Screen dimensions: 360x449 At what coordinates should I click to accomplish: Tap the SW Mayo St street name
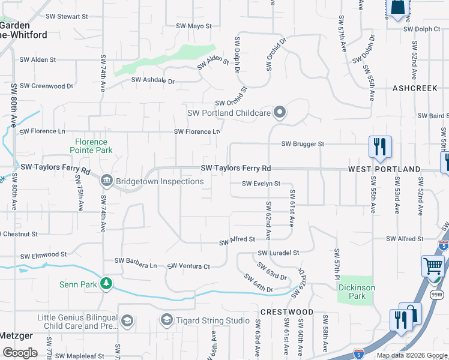pyautogui.click(x=194, y=26)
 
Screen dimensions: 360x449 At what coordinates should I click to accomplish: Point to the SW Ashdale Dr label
pyautogui.click(x=152, y=80)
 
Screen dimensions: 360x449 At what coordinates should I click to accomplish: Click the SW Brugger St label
pyautogui.click(x=303, y=144)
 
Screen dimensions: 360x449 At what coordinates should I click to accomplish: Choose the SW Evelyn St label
pyautogui.click(x=261, y=184)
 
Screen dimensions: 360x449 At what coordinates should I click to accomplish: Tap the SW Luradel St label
pyautogui.click(x=279, y=253)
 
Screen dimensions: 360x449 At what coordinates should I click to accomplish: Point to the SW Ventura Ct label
pyautogui.click(x=188, y=266)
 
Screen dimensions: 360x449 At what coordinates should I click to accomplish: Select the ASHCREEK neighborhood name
pyautogui.click(x=415, y=88)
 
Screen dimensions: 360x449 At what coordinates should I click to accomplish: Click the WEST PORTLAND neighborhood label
pyautogui.click(x=385, y=170)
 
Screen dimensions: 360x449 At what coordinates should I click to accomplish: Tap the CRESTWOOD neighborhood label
pyautogui.click(x=287, y=312)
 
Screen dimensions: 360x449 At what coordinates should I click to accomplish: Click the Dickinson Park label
pyautogui.click(x=357, y=292)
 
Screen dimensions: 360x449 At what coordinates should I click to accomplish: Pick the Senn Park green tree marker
pyautogui.click(x=106, y=283)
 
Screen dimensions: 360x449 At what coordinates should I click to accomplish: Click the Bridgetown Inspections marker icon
pyautogui.click(x=106, y=179)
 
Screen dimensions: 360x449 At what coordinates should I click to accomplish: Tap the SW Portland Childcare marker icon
pyautogui.click(x=279, y=112)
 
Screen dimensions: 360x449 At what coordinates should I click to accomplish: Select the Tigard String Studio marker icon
pyautogui.click(x=166, y=320)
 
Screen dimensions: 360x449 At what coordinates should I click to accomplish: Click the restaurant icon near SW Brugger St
pyautogui.click(x=380, y=147)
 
